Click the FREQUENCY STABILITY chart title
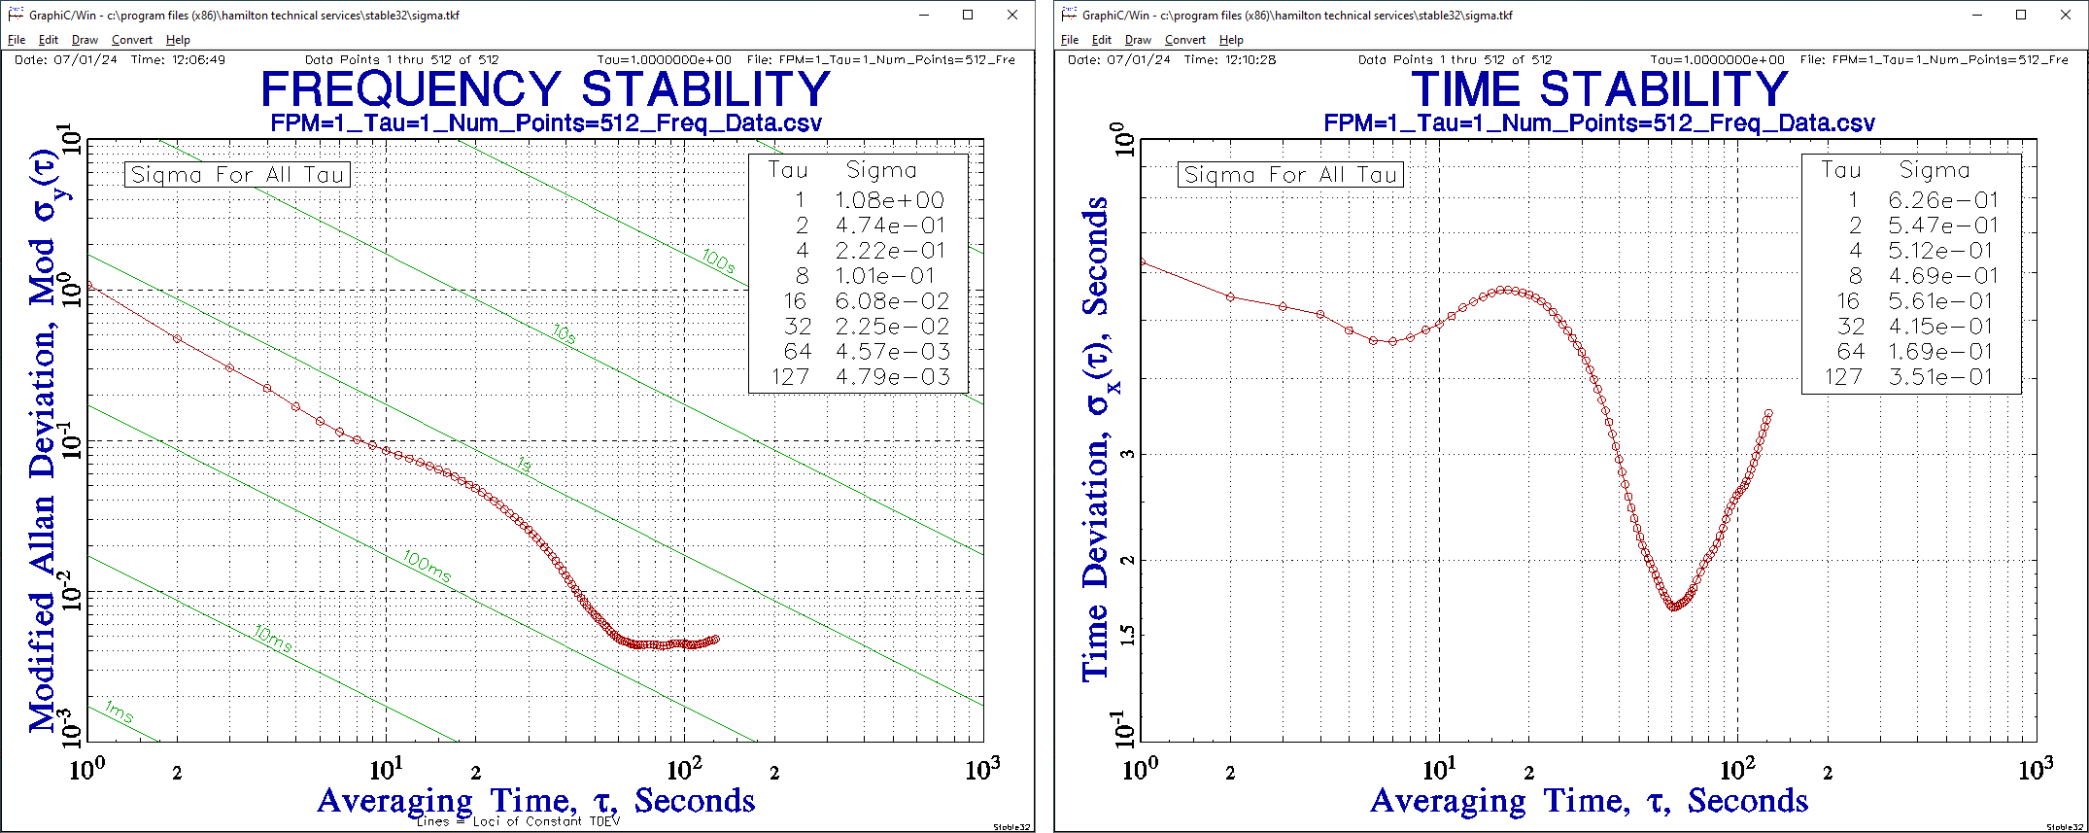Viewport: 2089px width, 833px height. pos(545,89)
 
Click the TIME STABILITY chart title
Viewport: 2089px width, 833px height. pos(1598,89)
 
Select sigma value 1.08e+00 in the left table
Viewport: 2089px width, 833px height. pos(889,200)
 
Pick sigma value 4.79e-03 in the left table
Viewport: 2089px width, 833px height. pos(892,377)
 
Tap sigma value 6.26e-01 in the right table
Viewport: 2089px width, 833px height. pos(1942,200)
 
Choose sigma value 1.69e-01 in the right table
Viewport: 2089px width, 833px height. pos(1942,352)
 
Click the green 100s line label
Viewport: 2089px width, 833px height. pos(718,261)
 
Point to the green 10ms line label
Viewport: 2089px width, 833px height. pos(273,640)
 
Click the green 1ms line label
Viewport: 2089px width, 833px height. pos(119,712)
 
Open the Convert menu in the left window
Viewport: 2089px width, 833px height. pos(131,40)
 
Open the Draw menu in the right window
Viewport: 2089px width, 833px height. pos(1138,40)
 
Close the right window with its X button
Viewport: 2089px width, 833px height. pos(2066,15)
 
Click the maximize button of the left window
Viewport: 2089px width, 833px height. pos(968,15)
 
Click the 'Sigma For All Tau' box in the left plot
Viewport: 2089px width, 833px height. pos(237,175)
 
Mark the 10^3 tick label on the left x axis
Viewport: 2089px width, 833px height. pos(982,771)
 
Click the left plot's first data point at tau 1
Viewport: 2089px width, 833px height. pos(88,286)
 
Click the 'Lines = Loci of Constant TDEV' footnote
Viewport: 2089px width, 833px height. pos(518,821)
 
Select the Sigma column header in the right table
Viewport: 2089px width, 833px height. pos(1934,170)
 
